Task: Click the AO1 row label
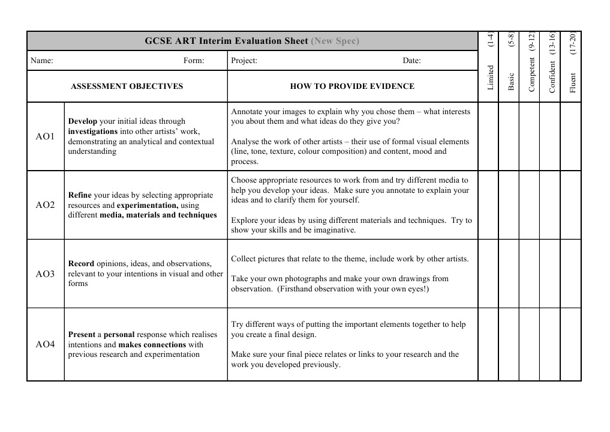[45, 136]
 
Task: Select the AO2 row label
[45, 205]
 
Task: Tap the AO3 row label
[45, 274]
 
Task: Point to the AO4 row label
[45, 344]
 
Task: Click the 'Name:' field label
[42, 60]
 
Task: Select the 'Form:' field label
[194, 60]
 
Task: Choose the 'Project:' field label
[244, 60]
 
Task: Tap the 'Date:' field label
[411, 60]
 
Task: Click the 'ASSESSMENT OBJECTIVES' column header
[127, 86]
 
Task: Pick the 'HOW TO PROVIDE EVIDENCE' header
[352, 86]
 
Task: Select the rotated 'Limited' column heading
[491, 78]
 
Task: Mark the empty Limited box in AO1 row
[488, 136]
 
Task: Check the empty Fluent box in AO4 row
[570, 344]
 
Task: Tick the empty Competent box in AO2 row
[529, 205]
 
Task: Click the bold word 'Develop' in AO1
[83, 121]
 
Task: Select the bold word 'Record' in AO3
[81, 264]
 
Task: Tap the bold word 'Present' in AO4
[82, 335]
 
